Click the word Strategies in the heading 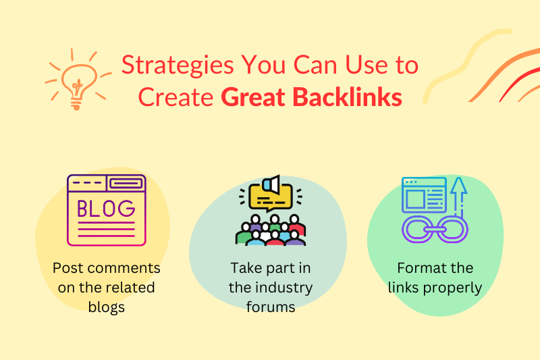178,66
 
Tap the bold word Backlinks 348,97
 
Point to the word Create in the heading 175,97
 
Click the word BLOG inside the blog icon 106,209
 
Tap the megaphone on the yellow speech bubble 271,184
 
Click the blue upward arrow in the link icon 459,197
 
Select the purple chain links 435,229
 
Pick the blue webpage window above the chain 424,195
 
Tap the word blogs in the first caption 107,307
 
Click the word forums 271,307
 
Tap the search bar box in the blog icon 126,183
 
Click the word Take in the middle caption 246,268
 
